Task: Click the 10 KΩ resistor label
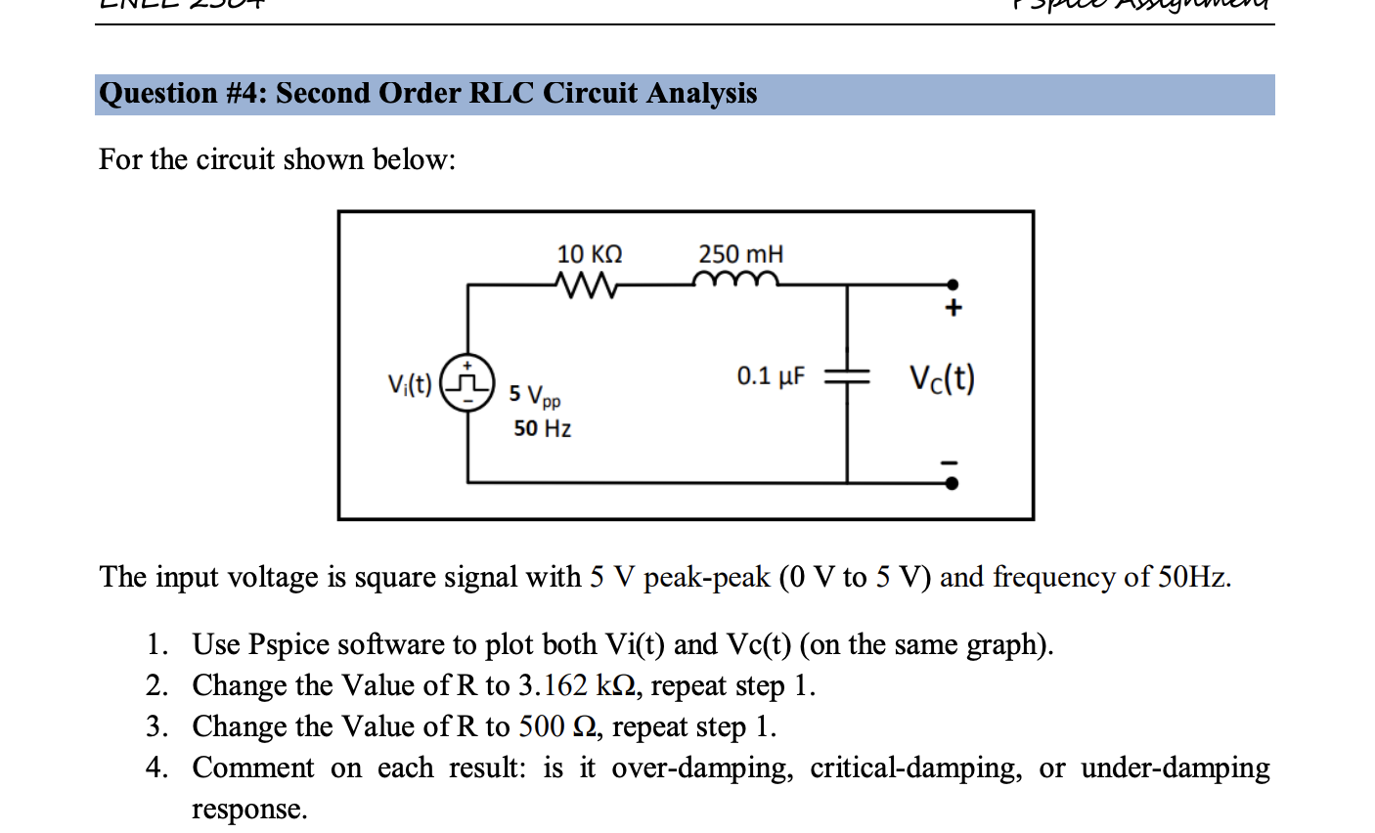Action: click(x=589, y=254)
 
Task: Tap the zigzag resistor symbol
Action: click(x=586, y=285)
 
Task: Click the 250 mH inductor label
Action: click(x=740, y=254)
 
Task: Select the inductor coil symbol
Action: click(x=735, y=282)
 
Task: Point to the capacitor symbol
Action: click(x=847, y=376)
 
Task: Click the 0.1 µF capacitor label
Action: click(x=771, y=376)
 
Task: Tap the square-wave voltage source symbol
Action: click(x=467, y=382)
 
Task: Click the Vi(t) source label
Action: click(x=409, y=384)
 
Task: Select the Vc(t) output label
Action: click(x=942, y=378)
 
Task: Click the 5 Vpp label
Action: click(x=534, y=395)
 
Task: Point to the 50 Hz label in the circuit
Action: click(x=542, y=428)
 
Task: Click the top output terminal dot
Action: click(x=952, y=285)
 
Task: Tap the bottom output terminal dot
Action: click(x=952, y=483)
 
